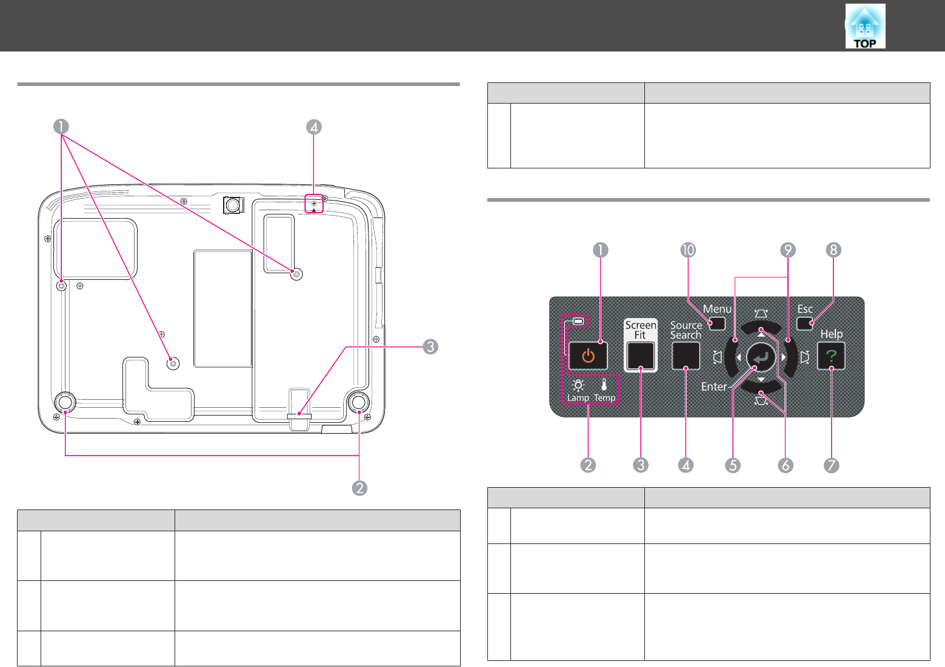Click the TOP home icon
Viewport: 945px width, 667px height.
point(865,26)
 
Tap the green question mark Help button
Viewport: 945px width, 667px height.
point(830,356)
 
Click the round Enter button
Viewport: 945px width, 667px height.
point(761,357)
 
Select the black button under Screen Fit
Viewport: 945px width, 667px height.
point(641,356)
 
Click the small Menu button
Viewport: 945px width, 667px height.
point(717,324)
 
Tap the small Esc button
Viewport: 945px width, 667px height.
point(804,324)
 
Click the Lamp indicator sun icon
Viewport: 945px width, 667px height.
point(578,385)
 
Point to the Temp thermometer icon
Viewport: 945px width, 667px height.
point(604,385)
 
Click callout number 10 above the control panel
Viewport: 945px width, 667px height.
point(688,250)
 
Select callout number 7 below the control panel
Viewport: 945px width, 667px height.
point(831,465)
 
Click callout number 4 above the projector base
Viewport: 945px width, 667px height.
point(314,127)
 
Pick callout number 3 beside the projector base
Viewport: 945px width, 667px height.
point(430,347)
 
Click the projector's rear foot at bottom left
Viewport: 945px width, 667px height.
point(65,402)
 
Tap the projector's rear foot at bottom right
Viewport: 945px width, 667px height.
point(359,402)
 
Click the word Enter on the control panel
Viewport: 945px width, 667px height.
point(714,387)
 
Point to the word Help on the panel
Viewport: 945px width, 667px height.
point(831,334)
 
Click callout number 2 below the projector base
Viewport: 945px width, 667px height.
point(359,488)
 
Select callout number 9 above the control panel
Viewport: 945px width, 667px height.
point(787,250)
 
